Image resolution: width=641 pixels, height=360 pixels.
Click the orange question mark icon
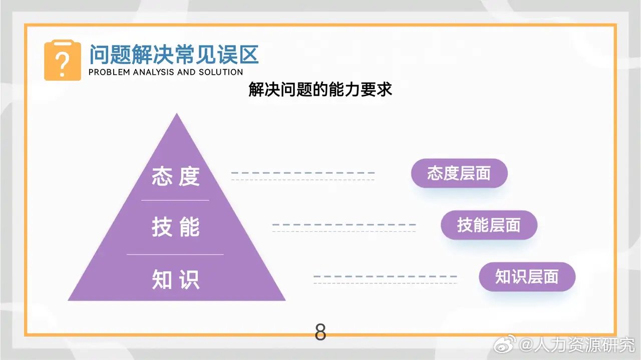63,61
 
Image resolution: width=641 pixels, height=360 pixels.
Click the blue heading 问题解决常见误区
174,54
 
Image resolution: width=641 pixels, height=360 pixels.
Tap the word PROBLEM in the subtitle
108,72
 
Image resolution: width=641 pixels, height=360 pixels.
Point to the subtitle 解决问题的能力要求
320,90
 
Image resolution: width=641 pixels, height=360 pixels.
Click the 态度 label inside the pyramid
176,177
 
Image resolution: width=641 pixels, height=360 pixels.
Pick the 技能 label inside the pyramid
176,228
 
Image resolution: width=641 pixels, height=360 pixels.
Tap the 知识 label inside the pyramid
176,280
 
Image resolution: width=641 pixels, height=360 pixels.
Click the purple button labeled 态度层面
459,174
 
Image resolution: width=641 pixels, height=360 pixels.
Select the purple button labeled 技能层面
489,225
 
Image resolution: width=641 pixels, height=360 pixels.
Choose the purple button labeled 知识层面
527,277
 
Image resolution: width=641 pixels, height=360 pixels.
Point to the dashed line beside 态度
302,173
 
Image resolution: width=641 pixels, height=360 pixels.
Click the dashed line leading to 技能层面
344,225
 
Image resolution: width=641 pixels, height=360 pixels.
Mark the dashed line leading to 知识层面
385,276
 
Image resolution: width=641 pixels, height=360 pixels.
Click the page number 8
320,332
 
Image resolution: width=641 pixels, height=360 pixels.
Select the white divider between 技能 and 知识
175,254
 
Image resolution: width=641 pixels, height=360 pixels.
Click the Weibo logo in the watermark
506,344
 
